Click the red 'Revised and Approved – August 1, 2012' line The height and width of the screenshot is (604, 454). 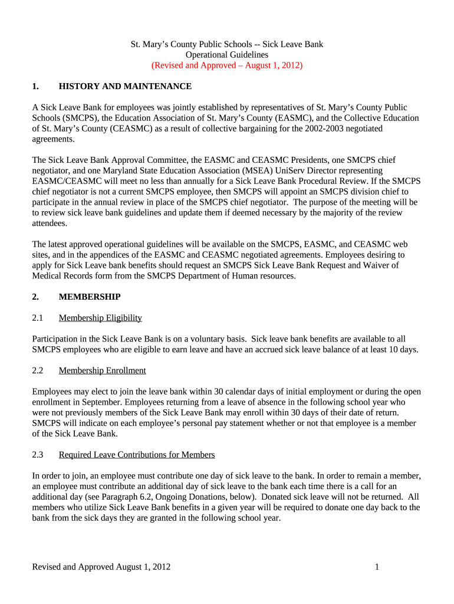click(x=227, y=65)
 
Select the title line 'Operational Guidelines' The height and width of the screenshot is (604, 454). click(x=227, y=55)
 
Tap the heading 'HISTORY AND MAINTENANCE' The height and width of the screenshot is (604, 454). click(x=125, y=87)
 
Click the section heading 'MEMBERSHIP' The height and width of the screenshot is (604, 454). click(x=90, y=297)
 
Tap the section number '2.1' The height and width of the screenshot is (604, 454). click(x=38, y=318)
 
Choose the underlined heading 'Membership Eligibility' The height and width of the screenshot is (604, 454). click(x=100, y=318)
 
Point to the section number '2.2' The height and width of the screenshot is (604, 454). click(x=38, y=370)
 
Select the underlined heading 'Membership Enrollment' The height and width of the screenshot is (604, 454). click(x=102, y=370)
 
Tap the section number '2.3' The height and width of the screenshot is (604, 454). click(x=38, y=455)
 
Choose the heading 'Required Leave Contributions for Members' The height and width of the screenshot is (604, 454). click(x=137, y=455)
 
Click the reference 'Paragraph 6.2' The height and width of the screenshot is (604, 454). click(x=129, y=497)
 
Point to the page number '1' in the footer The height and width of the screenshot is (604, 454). click(x=376, y=567)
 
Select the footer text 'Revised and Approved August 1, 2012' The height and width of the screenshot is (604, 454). click(x=101, y=567)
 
